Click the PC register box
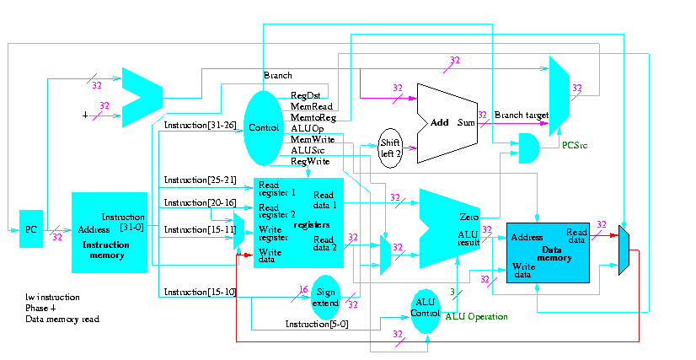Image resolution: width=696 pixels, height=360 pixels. coord(31,230)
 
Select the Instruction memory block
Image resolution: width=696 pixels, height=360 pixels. coord(110,232)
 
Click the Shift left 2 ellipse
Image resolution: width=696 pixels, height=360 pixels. coord(390,148)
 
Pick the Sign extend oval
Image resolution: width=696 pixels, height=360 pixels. coord(324,297)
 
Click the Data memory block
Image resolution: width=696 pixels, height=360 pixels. coord(547,252)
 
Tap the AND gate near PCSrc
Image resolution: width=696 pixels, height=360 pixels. coord(528,148)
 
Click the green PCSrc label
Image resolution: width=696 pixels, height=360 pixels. coord(576,145)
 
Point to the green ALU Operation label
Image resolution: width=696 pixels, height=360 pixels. coord(476,316)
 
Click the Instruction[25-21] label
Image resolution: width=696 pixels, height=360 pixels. coord(195,180)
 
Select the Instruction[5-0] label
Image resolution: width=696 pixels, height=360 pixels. coord(312,324)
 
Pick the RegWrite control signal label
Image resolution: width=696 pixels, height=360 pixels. coord(309,160)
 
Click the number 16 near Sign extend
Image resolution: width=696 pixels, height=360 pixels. coord(304,289)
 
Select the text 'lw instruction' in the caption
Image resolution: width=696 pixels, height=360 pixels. coord(53,297)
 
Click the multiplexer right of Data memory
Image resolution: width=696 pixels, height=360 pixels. coord(624,250)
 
